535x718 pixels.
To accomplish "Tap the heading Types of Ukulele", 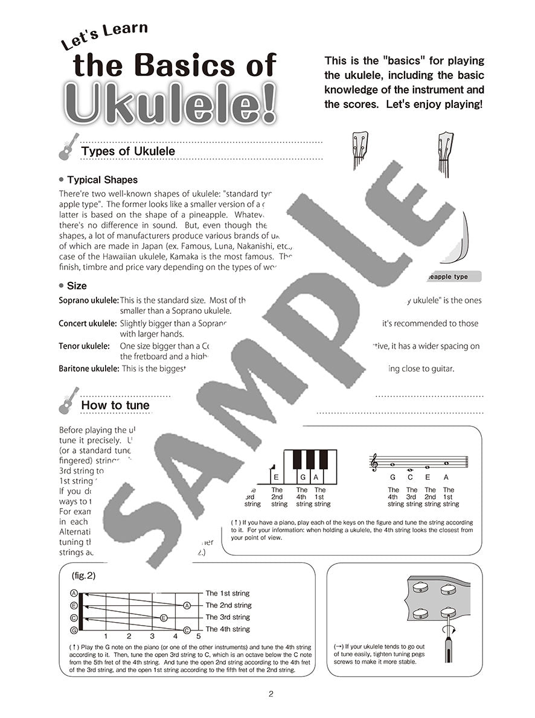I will (128, 151).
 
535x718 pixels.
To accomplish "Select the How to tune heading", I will (115, 405).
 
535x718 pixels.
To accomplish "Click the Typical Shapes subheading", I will (102, 180).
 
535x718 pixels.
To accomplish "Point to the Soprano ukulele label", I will (88, 300).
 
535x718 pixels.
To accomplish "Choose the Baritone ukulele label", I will (89, 368).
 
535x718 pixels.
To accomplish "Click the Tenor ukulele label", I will (84, 346).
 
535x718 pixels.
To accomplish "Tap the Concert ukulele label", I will (88, 323).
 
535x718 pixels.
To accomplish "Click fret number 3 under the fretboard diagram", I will (152, 636).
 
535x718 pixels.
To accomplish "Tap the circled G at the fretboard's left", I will (74, 630).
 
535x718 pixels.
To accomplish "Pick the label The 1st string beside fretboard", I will (228, 593).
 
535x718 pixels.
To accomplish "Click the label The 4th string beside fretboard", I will (228, 629).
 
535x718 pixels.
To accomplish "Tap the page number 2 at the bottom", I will (271, 694).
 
